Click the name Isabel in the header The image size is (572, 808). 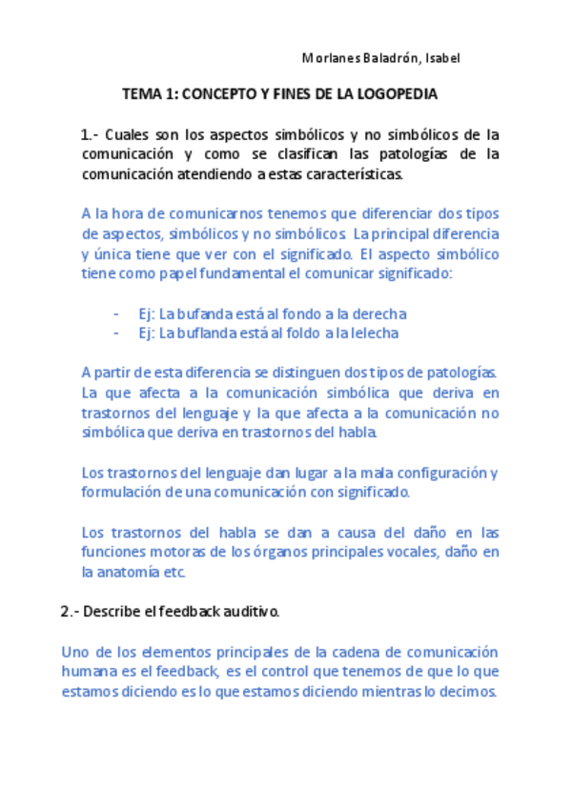tap(441, 59)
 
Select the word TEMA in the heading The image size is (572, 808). tap(139, 95)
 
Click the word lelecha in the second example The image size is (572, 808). tap(375, 333)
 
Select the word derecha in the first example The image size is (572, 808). tap(381, 313)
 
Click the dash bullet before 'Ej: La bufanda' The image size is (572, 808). tap(116, 313)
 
